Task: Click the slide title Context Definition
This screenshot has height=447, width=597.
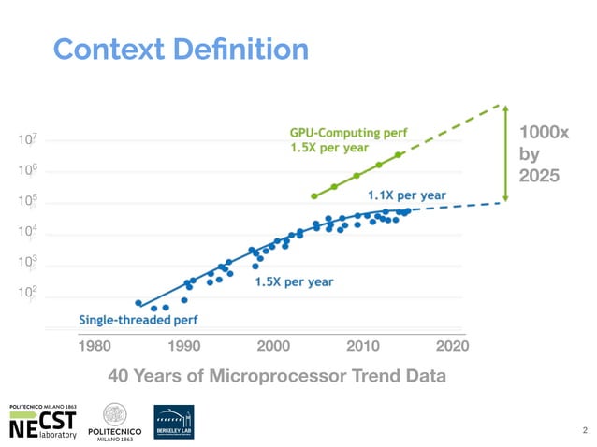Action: click(x=181, y=49)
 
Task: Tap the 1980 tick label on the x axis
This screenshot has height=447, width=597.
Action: click(x=94, y=346)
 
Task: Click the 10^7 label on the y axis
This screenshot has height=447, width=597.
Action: click(x=29, y=140)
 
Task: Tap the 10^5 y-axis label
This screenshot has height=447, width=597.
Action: click(x=29, y=203)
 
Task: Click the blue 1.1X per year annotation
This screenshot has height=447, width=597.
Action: click(x=406, y=195)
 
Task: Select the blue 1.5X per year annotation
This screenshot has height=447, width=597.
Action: click(x=295, y=281)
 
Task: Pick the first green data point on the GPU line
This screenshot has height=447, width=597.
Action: click(x=314, y=196)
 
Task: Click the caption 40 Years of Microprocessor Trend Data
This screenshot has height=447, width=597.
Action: click(x=277, y=376)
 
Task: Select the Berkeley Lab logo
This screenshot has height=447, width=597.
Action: click(x=174, y=422)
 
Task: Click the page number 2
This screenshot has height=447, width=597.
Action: click(x=584, y=431)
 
